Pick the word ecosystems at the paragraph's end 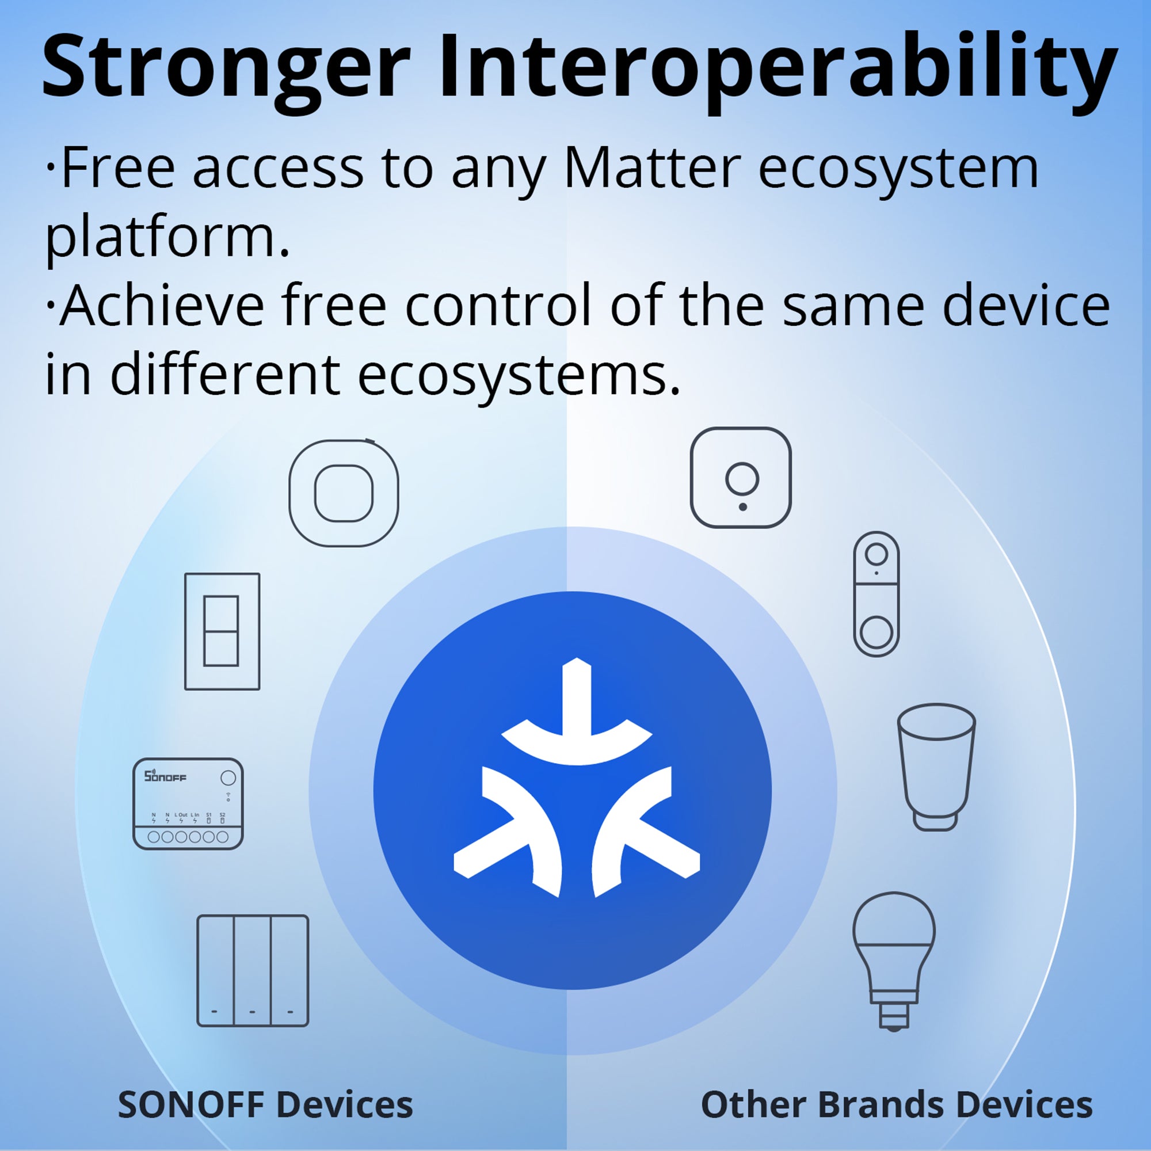pos(519,375)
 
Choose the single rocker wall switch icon pos(222,632)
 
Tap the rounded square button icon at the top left pos(344,494)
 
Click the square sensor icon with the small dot pos(741,478)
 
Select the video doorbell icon pos(876,594)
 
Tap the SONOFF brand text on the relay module pos(165,776)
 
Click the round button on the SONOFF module pos(228,778)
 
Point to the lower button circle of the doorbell pos(876,632)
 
